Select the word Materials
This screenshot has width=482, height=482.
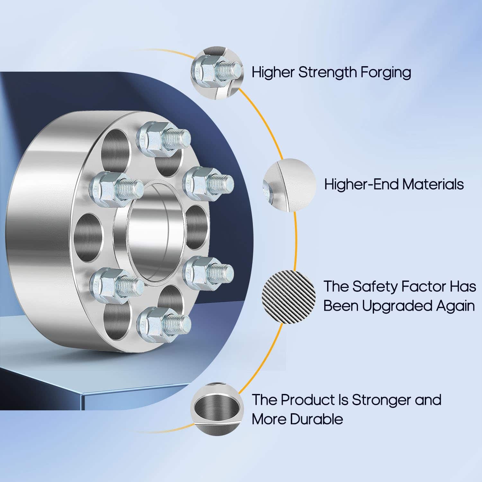pos(433,184)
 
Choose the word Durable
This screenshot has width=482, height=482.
pos(317,419)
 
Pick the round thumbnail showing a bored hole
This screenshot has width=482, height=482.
pos(217,408)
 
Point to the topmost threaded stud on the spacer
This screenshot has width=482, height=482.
pos(164,139)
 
